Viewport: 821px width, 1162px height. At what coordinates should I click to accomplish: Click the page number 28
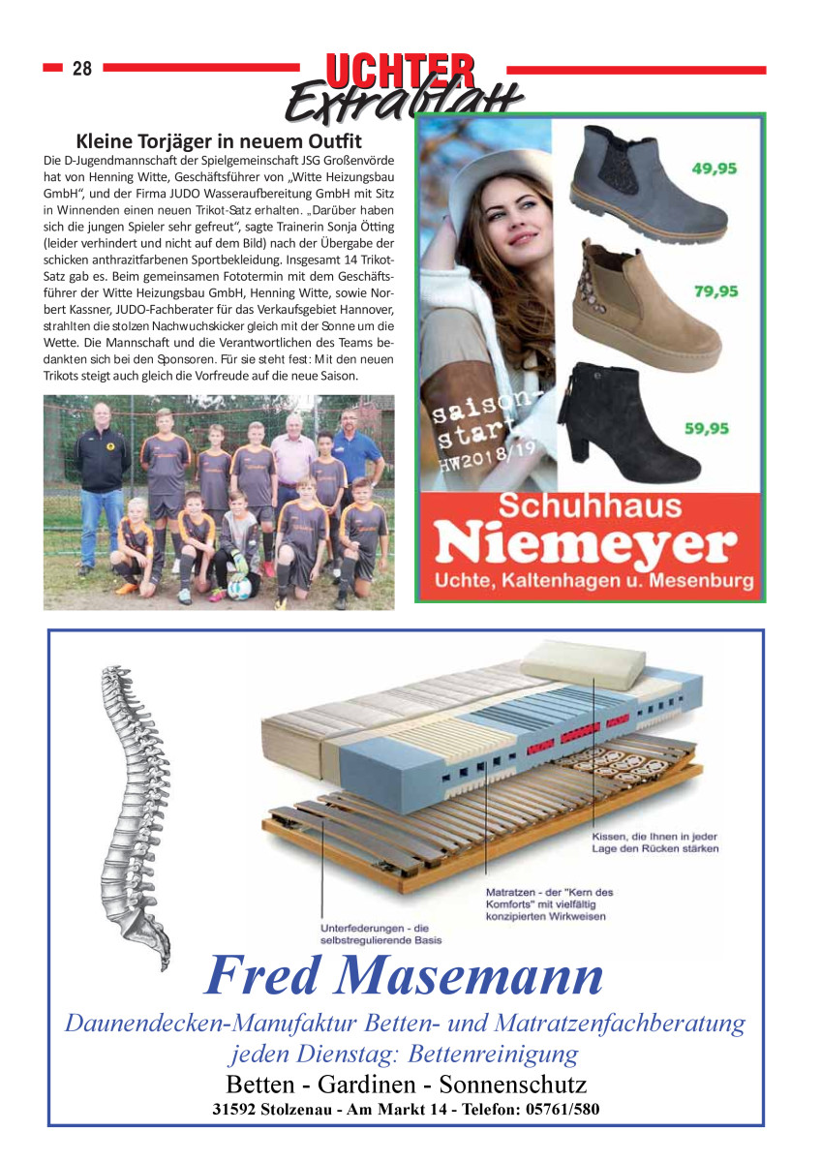coord(82,69)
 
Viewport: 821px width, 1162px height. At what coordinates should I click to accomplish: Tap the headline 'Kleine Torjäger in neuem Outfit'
coord(219,141)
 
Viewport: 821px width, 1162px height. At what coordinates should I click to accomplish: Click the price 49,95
coord(715,168)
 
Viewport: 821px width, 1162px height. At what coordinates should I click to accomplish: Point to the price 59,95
coord(707,428)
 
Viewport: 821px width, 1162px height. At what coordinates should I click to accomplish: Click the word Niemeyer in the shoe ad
coord(582,545)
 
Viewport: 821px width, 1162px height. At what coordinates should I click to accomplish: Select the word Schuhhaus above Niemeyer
coord(591,506)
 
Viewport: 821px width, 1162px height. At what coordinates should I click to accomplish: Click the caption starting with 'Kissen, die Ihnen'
coord(654,842)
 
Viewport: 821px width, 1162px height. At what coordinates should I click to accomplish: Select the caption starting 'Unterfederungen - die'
coord(375,933)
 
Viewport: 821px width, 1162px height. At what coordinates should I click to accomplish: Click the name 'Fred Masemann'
coord(404,976)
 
